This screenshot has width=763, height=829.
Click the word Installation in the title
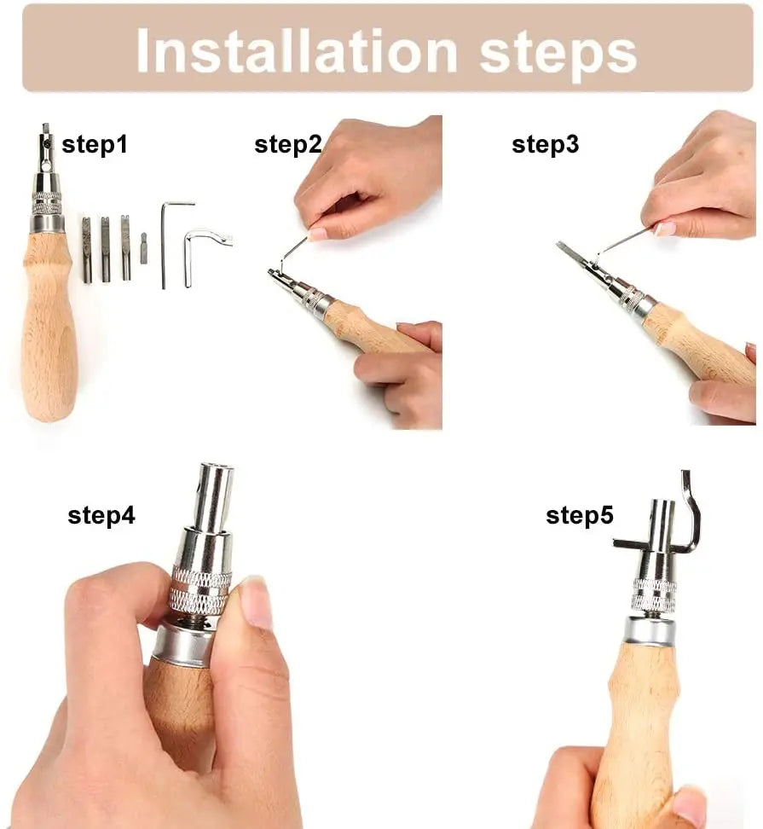[x=297, y=51]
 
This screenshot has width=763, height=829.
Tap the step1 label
[x=95, y=144]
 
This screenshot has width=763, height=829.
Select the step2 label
[x=288, y=144]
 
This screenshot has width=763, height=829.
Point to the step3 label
[x=546, y=144]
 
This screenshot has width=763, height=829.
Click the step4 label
[x=101, y=515]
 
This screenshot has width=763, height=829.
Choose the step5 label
[x=580, y=515]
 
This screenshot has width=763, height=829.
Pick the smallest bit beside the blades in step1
[x=144, y=248]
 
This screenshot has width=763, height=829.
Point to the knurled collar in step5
[x=654, y=595]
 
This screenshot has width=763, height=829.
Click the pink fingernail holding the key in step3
[x=664, y=229]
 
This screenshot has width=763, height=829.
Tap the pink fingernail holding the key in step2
[x=319, y=234]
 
